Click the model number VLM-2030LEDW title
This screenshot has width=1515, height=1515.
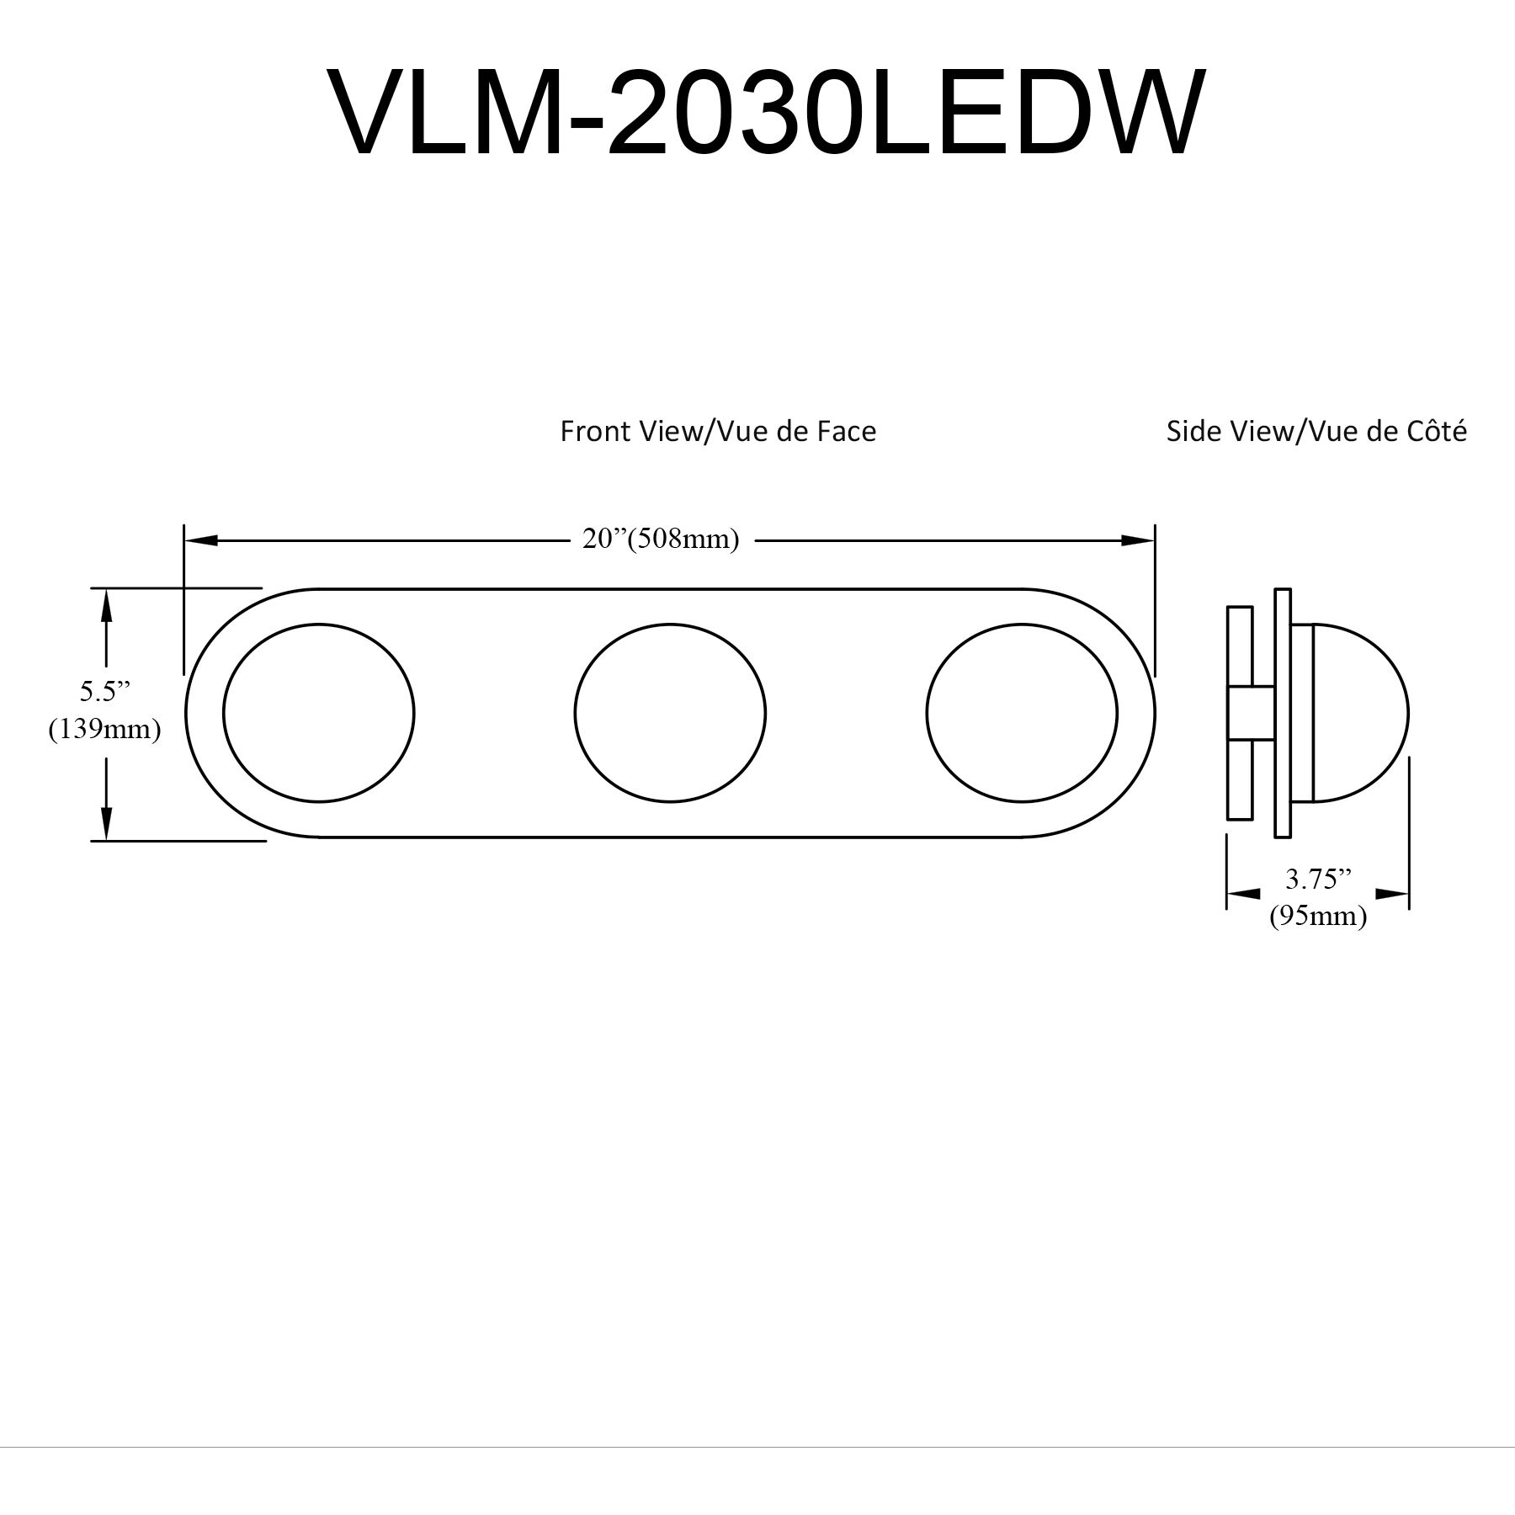click(x=765, y=114)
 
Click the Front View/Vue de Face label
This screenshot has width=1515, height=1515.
click(x=718, y=431)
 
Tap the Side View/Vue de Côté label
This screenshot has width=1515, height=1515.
click(x=1316, y=431)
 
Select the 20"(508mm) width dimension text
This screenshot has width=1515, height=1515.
click(x=661, y=539)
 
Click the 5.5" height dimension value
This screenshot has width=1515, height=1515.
click(x=105, y=691)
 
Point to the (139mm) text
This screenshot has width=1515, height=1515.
click(x=104, y=728)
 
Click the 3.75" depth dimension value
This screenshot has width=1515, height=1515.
click(x=1318, y=880)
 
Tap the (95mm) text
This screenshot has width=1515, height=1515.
click(x=1318, y=915)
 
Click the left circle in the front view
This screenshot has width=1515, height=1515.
click(x=319, y=713)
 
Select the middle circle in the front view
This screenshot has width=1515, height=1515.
click(x=670, y=713)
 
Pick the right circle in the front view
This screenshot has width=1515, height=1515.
click(x=1022, y=713)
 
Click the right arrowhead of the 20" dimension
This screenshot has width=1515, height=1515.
click(x=1138, y=540)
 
